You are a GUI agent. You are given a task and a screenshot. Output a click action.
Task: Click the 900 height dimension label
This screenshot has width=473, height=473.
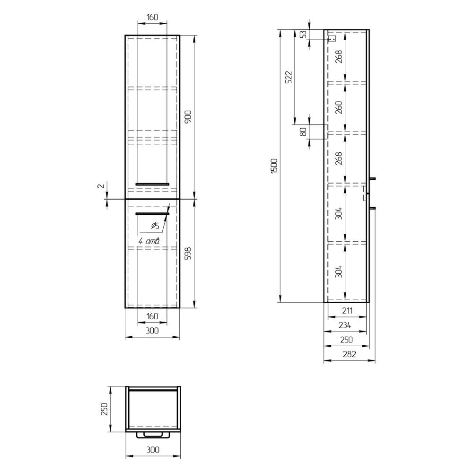(x=188, y=117)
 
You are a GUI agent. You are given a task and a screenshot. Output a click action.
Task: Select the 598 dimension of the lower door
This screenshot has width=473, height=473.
(x=188, y=254)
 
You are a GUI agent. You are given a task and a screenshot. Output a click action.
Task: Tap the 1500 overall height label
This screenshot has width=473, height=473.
(x=274, y=166)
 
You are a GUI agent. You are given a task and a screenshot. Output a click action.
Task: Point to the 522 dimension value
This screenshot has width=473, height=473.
(x=289, y=77)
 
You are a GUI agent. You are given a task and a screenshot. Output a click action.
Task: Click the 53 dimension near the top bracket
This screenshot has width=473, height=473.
(x=304, y=34)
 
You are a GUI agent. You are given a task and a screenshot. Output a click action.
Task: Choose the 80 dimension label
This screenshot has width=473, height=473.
(x=304, y=132)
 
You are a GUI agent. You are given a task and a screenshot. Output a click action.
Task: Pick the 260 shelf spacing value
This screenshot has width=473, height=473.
(x=339, y=107)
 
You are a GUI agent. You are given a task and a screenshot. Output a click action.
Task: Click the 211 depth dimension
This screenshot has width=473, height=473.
(x=347, y=311)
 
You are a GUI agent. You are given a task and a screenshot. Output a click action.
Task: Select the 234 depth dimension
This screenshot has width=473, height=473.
(x=345, y=325)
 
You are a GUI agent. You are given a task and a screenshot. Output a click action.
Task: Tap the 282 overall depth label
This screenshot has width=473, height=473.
(x=350, y=354)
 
